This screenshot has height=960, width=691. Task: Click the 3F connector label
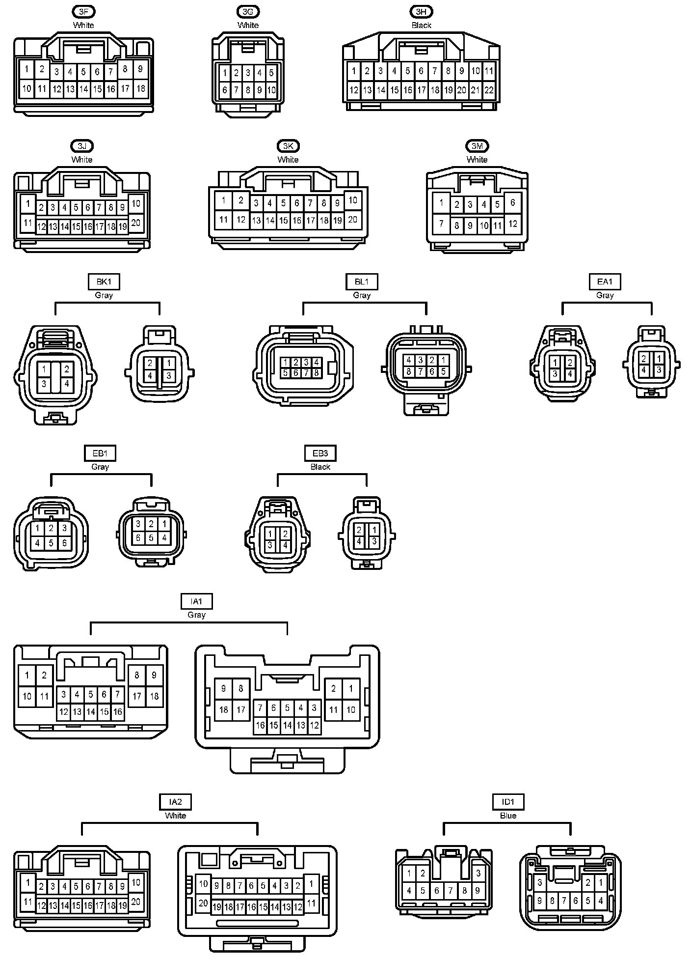(83, 11)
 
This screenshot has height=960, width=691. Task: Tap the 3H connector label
(421, 11)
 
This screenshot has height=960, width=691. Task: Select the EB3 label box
(320, 453)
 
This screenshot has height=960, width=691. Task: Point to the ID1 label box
(508, 802)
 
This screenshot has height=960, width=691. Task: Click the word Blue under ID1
(508, 816)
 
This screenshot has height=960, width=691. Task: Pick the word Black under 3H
(421, 25)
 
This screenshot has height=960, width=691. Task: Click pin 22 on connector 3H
(489, 90)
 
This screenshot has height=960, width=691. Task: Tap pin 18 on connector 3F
(141, 88)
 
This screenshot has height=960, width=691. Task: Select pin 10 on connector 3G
(271, 90)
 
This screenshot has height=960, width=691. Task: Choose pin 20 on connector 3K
(353, 220)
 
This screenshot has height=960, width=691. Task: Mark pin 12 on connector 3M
(513, 224)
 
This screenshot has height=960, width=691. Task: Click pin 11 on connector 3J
(28, 223)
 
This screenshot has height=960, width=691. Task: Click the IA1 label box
(196, 601)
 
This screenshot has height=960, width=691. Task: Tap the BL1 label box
(362, 282)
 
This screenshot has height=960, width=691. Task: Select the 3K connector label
(288, 146)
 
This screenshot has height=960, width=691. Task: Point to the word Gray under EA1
(605, 295)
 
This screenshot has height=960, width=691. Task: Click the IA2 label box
(175, 802)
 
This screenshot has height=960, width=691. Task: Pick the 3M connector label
(477, 146)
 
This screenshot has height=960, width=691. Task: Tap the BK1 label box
(104, 282)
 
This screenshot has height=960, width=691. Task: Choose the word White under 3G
(248, 25)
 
